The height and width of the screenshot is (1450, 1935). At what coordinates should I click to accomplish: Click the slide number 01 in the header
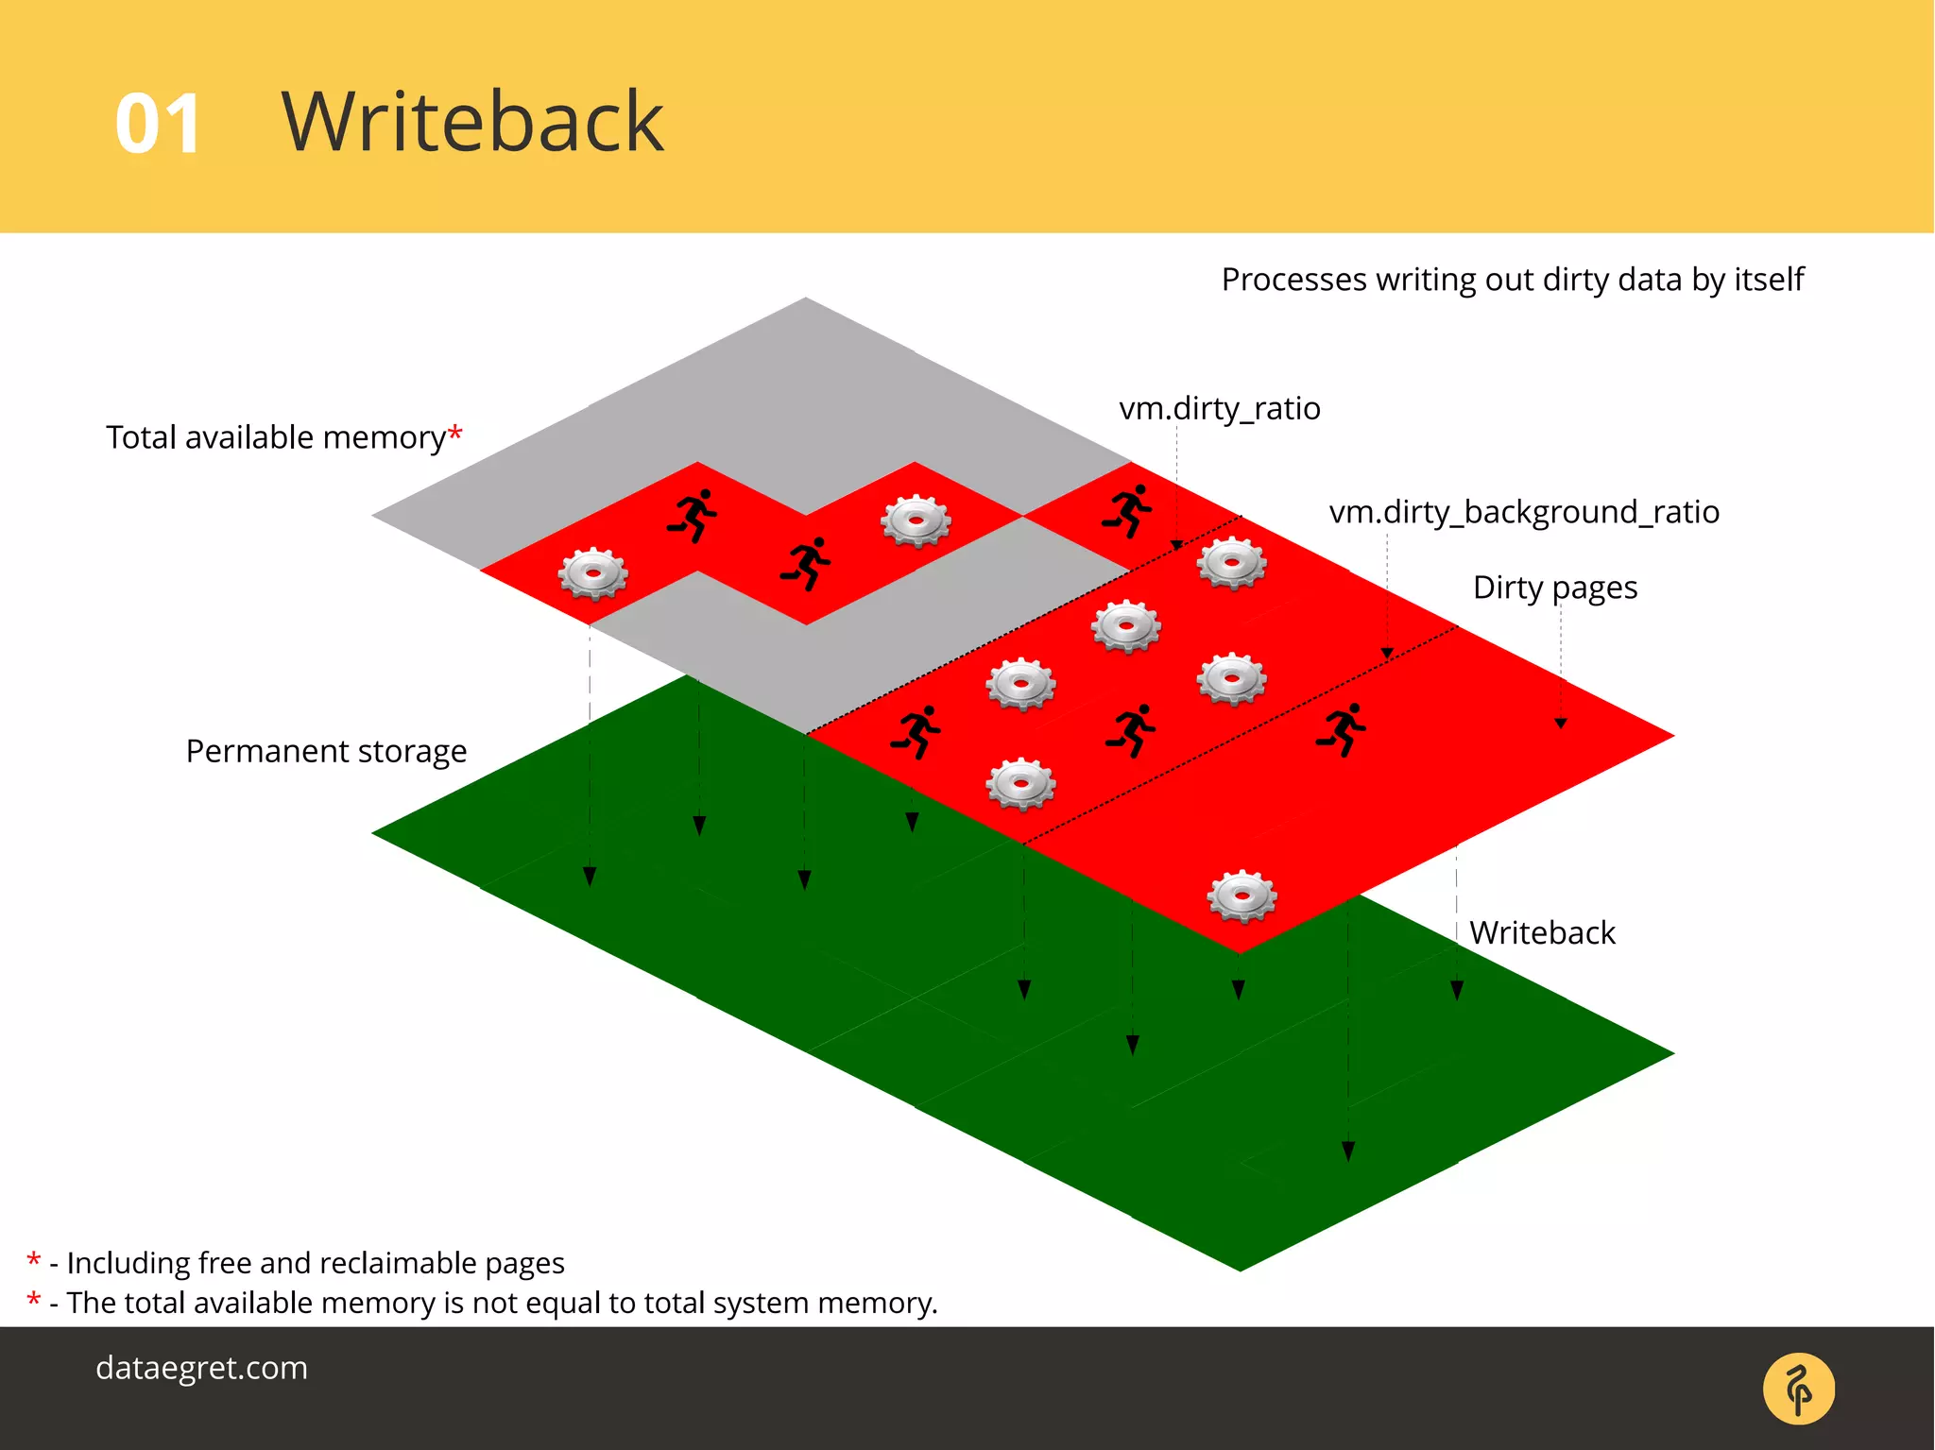158,125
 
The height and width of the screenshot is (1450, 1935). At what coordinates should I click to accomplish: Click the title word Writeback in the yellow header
472,122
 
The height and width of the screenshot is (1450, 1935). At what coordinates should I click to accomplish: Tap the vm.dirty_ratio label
1219,409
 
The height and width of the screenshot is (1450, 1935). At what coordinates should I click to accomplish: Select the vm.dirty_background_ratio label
1523,512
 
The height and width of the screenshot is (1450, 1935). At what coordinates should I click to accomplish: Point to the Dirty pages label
1554,588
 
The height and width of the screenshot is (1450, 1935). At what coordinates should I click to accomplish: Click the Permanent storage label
326,751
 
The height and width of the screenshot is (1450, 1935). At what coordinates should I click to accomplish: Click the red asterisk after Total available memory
455,434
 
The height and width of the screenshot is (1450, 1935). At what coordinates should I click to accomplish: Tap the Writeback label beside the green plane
1542,933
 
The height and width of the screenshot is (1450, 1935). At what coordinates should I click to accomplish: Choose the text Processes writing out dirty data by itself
1512,280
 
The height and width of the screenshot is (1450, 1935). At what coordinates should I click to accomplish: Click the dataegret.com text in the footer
201,1368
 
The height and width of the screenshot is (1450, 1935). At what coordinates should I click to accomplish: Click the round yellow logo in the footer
1798,1389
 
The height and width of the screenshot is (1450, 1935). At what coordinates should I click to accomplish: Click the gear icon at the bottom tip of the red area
1241,896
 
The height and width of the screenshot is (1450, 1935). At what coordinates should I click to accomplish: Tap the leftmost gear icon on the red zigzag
592,573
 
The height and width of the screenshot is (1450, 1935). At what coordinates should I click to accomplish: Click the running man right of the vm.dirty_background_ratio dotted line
1342,728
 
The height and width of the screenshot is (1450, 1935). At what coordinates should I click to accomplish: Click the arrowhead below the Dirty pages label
1561,723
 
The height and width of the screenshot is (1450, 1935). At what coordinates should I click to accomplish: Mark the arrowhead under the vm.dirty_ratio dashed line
1176,545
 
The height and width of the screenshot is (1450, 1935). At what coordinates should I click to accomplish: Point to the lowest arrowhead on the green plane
1348,1151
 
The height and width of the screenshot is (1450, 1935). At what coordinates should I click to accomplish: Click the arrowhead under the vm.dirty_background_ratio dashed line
1387,653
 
